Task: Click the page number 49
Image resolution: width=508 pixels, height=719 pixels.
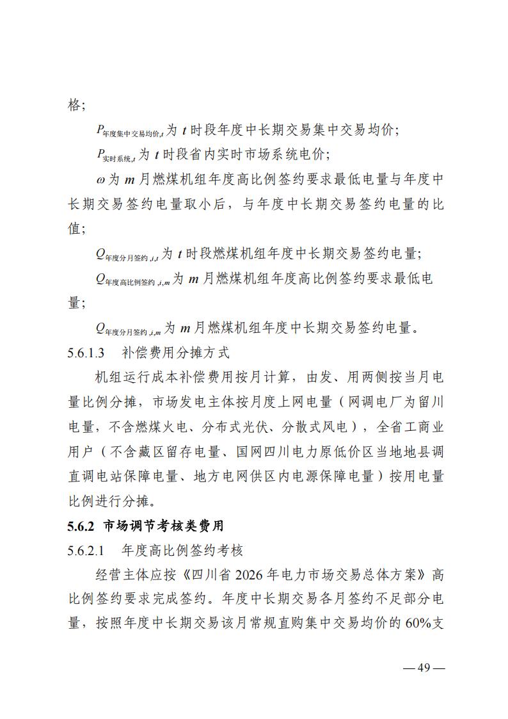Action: tap(423, 668)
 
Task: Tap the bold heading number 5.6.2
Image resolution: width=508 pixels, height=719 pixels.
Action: tap(81, 526)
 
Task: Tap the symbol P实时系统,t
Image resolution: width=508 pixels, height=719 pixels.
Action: tap(115, 155)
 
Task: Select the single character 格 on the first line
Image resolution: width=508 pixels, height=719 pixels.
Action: tap(74, 104)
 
